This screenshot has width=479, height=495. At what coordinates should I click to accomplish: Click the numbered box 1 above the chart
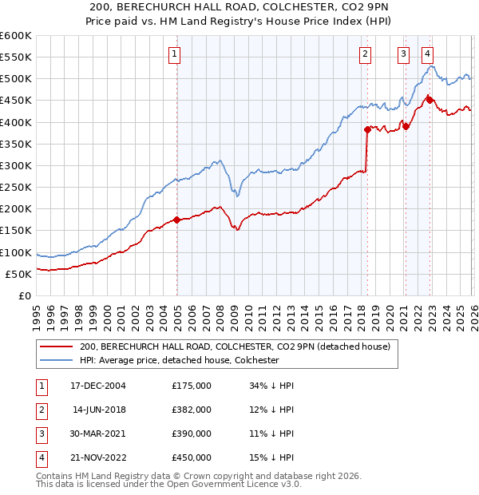(175, 54)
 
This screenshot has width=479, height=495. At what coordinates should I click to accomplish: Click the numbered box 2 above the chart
(365, 54)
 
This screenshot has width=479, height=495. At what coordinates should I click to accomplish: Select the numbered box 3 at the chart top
(404, 54)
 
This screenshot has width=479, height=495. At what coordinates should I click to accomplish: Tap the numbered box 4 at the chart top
(428, 54)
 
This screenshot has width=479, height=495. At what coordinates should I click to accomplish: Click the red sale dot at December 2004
(176, 220)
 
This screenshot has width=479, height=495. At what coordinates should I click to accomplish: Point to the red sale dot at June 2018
(367, 129)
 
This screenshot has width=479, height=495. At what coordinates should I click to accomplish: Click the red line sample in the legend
(56, 346)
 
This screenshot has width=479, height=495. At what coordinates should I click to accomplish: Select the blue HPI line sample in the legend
(56, 361)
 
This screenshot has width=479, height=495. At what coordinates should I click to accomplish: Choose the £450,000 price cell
(192, 457)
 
